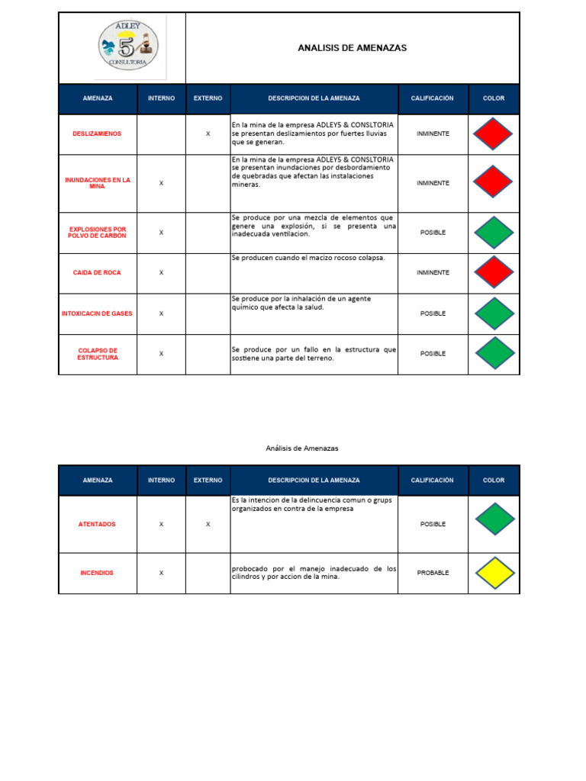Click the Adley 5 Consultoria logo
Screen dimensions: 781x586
(x=127, y=47)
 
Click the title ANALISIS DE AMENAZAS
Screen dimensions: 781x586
(x=352, y=48)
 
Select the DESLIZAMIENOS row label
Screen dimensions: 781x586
(x=98, y=134)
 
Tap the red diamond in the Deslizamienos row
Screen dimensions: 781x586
(x=493, y=134)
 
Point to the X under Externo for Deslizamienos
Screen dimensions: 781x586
(x=208, y=134)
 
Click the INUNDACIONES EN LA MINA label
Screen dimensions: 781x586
(x=98, y=183)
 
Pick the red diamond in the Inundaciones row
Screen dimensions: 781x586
(x=493, y=183)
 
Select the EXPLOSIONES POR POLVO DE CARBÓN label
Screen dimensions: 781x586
(x=98, y=233)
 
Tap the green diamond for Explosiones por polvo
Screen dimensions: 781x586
(x=493, y=233)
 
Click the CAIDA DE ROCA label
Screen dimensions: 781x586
(x=98, y=272)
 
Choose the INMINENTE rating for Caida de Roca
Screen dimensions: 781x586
(x=433, y=272)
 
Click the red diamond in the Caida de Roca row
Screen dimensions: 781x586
(x=493, y=272)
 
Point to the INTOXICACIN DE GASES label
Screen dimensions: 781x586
(x=98, y=313)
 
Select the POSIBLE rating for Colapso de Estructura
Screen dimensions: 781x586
(x=433, y=354)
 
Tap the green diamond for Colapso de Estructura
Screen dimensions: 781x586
(x=493, y=353)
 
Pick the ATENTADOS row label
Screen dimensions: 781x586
(x=98, y=525)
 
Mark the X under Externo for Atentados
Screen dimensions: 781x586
(x=208, y=525)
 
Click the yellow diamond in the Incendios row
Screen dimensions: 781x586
(x=493, y=573)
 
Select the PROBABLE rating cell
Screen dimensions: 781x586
(x=433, y=573)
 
